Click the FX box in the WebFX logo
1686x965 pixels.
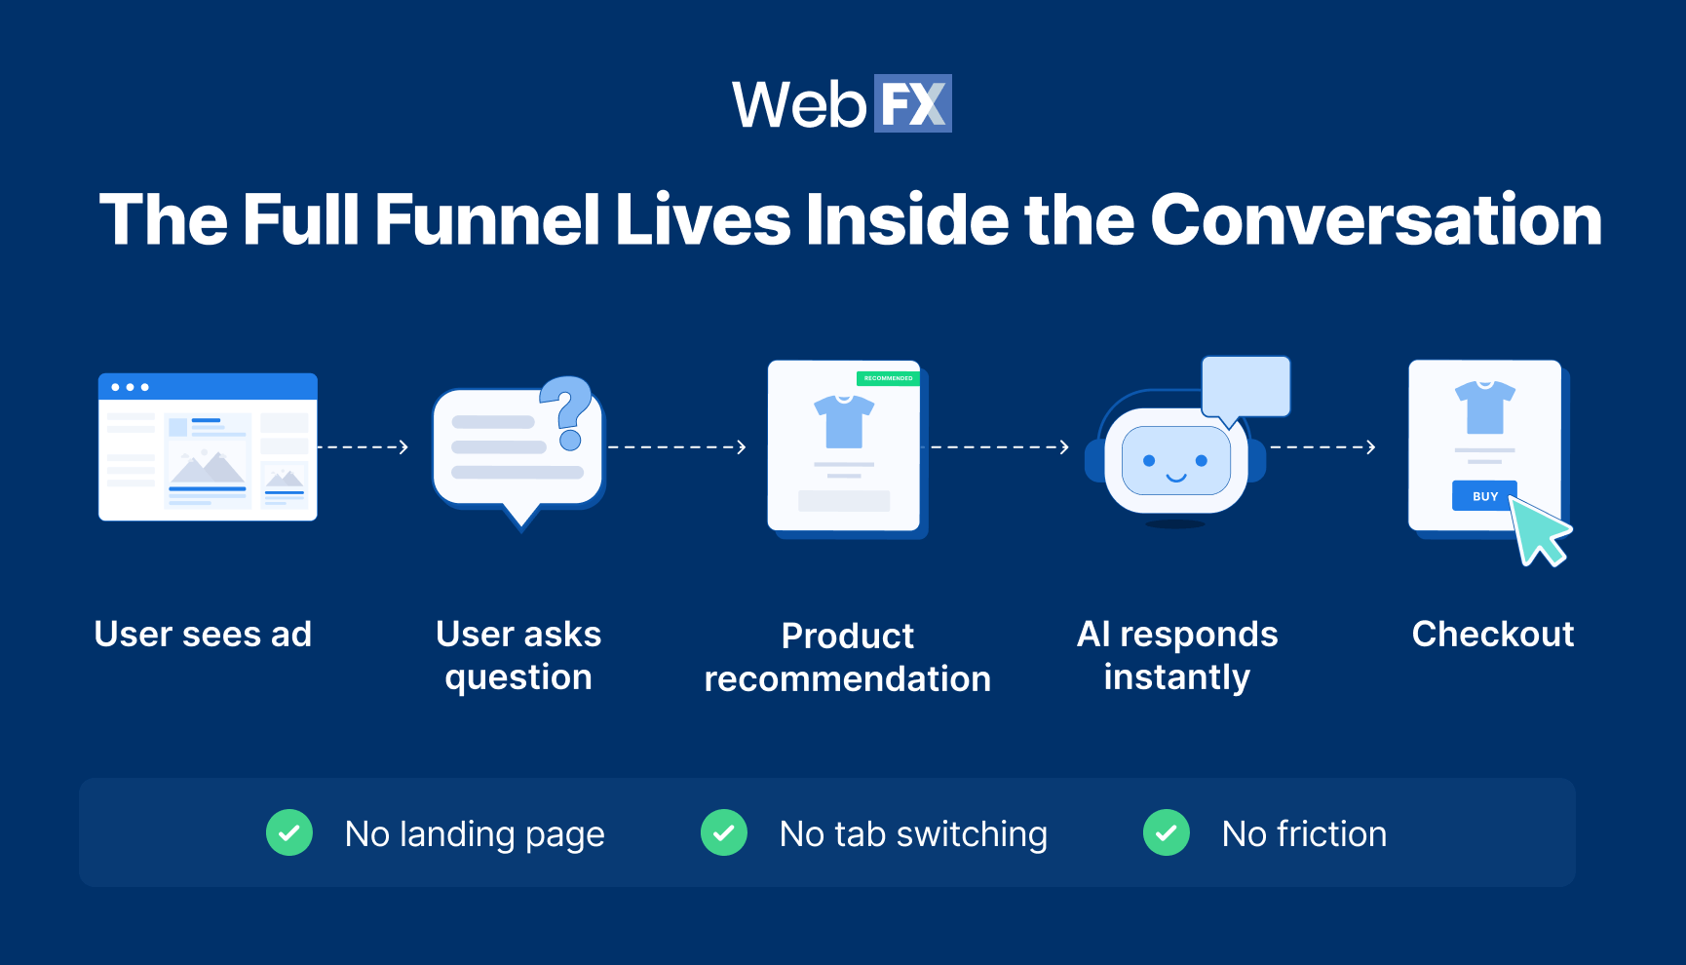(x=912, y=103)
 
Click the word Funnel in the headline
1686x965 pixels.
(x=487, y=220)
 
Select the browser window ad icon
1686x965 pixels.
(x=208, y=446)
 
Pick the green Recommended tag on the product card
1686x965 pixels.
(x=888, y=378)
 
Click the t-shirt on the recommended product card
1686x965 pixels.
(x=844, y=421)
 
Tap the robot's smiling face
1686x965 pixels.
(x=1175, y=461)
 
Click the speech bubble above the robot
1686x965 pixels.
(x=1245, y=387)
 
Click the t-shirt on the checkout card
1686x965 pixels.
(x=1484, y=406)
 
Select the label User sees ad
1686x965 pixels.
(x=203, y=635)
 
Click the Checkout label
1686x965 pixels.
(x=1492, y=635)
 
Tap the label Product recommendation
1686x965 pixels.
(x=847, y=657)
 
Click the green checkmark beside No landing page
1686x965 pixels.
(x=289, y=833)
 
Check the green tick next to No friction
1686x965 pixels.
(x=1166, y=833)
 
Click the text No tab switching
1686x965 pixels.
(x=913, y=834)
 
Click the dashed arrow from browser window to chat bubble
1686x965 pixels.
(x=363, y=447)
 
